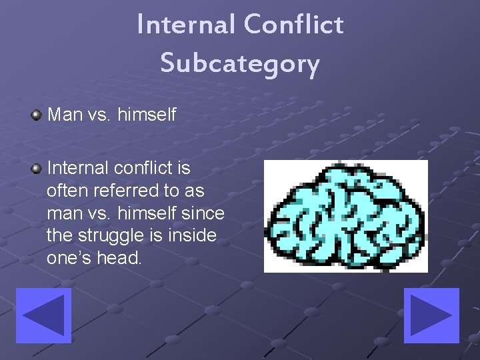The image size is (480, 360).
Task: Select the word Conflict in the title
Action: (293, 25)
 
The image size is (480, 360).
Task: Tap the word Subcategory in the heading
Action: (240, 63)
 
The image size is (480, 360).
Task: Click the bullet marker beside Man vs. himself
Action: (36, 115)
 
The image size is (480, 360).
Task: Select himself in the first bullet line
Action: (147, 115)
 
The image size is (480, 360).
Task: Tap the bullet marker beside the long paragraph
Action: (36, 167)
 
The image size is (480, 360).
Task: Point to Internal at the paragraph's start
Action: (75, 167)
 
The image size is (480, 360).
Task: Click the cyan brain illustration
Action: (345, 216)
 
